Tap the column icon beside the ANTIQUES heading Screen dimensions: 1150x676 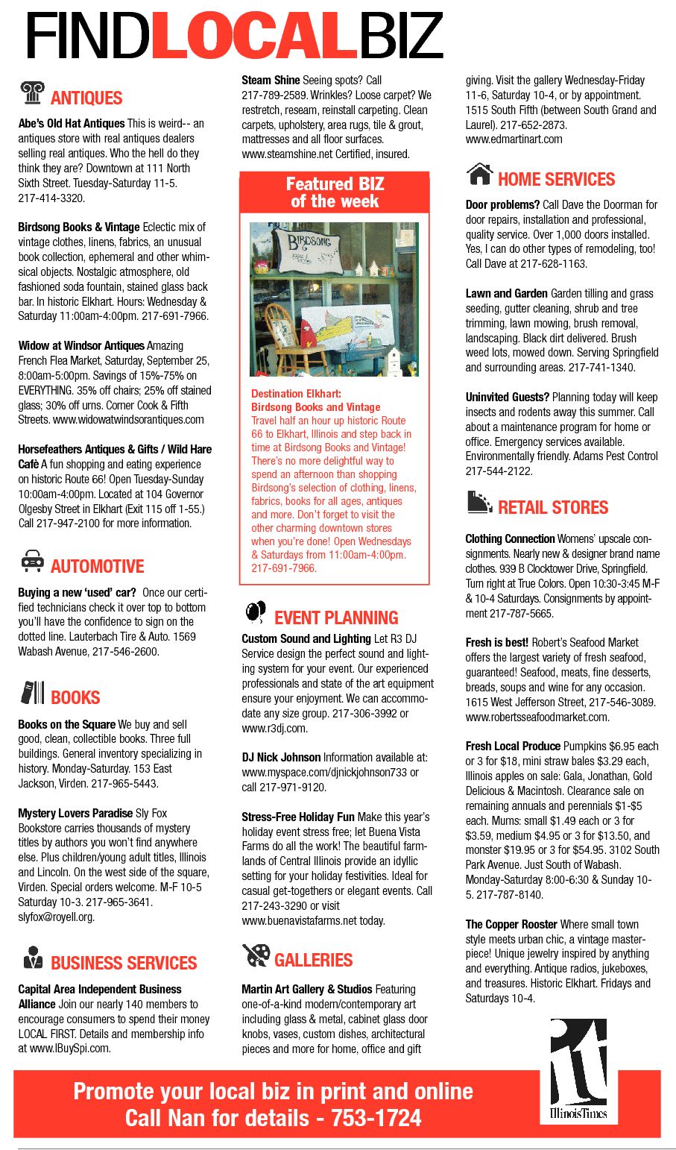click(32, 92)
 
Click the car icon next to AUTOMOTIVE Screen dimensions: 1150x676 click(32, 561)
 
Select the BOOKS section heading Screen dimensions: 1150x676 click(75, 697)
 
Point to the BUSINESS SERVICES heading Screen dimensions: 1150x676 click(124, 963)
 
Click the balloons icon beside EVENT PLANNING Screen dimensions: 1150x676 click(256, 612)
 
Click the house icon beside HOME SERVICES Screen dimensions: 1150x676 click(479, 175)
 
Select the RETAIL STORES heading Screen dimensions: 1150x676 click(553, 507)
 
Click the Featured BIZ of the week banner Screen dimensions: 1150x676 click(335, 192)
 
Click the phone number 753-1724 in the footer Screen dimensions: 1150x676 click(376, 1118)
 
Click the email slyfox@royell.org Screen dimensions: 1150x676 click(57, 917)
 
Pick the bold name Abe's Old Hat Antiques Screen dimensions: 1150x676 click(72, 124)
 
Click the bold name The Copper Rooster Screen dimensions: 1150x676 click(511, 924)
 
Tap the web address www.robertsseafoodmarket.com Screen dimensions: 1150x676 click(537, 717)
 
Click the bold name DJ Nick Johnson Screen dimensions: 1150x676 click(281, 757)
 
